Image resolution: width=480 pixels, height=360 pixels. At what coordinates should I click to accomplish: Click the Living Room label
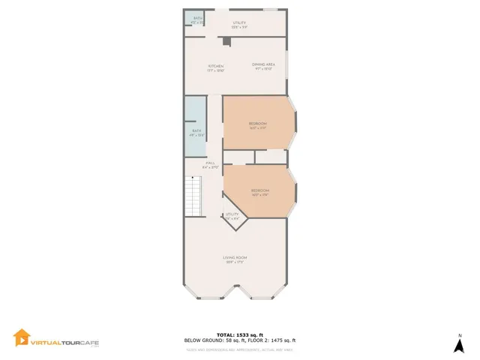[235, 259]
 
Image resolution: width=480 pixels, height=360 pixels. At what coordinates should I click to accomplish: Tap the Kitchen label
[216, 67]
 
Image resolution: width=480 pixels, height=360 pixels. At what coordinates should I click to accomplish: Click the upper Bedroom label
[257, 125]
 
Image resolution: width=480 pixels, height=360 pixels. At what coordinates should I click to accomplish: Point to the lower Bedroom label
[259, 192]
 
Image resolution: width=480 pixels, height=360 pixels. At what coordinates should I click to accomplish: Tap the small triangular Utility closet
[232, 218]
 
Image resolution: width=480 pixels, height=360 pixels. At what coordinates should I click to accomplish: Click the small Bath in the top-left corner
[197, 19]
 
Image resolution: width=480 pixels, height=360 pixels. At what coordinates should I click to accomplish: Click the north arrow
[459, 346]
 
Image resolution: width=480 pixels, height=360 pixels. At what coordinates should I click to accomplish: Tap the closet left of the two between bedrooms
[238, 157]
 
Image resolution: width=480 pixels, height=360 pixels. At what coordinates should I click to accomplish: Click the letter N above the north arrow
[459, 334]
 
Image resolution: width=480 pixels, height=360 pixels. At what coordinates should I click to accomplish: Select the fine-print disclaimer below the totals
[239, 349]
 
